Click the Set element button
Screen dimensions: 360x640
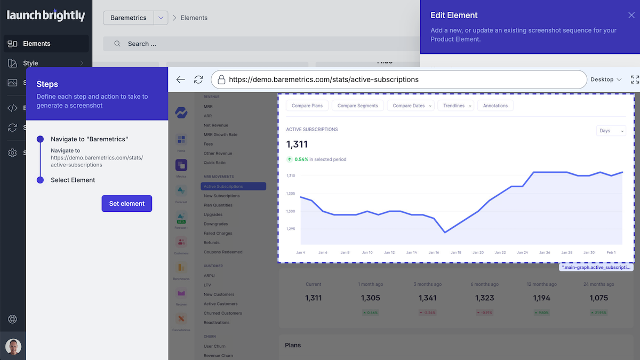click(x=127, y=204)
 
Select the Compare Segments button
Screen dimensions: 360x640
click(x=357, y=106)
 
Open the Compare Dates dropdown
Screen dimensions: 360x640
click(x=411, y=106)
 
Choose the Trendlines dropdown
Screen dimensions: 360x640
click(x=456, y=106)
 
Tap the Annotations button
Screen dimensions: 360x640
click(x=495, y=106)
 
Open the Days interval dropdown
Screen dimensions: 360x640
click(x=611, y=131)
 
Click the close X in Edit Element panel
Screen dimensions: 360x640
click(x=631, y=15)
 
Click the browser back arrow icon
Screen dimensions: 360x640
click(x=180, y=79)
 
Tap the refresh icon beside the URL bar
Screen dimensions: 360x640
click(x=198, y=79)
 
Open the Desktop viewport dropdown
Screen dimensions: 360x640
click(x=606, y=79)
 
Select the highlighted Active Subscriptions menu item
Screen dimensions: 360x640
click(x=233, y=187)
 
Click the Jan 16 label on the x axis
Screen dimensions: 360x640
click(x=434, y=252)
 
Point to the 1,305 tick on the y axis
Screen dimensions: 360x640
click(x=291, y=194)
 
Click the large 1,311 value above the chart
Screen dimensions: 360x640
click(x=297, y=145)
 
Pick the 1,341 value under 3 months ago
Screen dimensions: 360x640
click(x=427, y=298)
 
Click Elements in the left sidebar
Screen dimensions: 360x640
click(x=36, y=44)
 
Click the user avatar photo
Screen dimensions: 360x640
click(x=13, y=347)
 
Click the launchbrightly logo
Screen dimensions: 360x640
click(x=46, y=16)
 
